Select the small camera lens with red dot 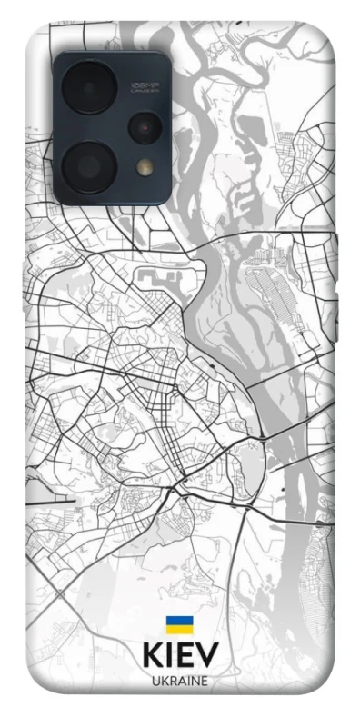coord(144,127)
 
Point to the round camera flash coord(144,167)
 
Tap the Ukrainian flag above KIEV coord(178,625)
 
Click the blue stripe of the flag coord(178,621)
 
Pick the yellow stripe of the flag coord(178,630)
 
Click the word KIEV coord(180,657)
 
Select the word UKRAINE coord(180,682)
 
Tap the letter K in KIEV coord(152,657)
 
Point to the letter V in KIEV coord(207,657)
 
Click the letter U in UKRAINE coord(155,682)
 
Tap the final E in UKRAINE coord(205,682)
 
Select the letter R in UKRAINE coord(171,682)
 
